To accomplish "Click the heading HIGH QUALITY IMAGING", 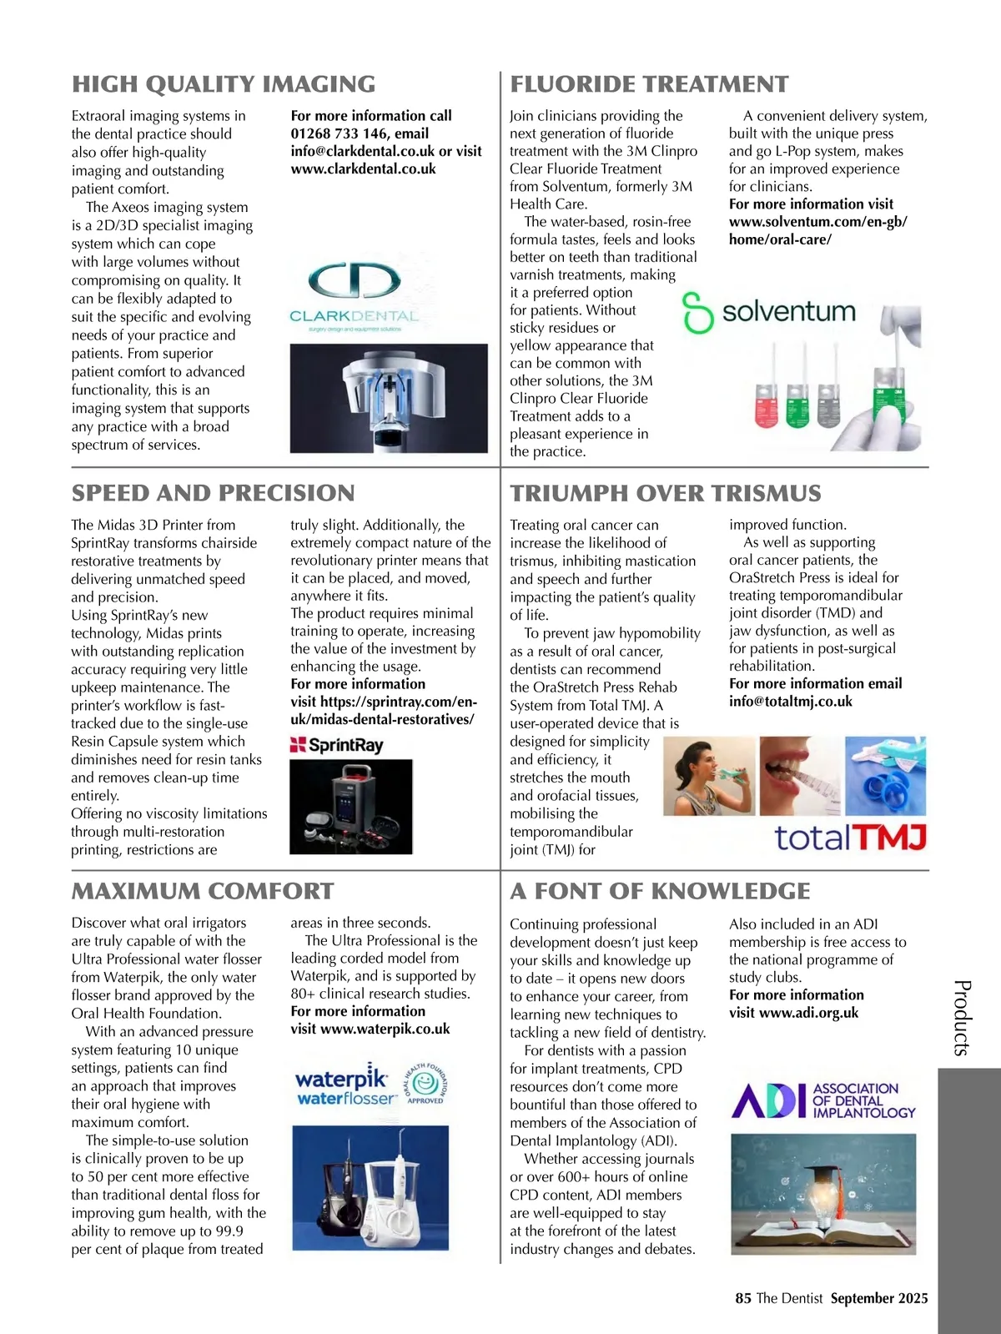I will pyautogui.click(x=224, y=84).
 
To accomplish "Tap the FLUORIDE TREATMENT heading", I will pyautogui.click(x=649, y=84).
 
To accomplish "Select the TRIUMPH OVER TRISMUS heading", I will pyautogui.click(x=665, y=493).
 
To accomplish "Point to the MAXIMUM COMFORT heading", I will pyautogui.click(x=203, y=891).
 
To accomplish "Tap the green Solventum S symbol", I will pyautogui.click(x=697, y=313).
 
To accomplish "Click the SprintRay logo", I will pyautogui.click(x=336, y=745).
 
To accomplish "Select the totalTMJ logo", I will pyautogui.click(x=851, y=838).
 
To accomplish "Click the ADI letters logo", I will pyautogui.click(x=767, y=1100).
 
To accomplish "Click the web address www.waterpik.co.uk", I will pyautogui.click(x=385, y=1029).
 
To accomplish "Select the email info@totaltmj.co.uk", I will pyautogui.click(x=791, y=702).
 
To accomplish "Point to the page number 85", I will pyautogui.click(x=743, y=1298).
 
